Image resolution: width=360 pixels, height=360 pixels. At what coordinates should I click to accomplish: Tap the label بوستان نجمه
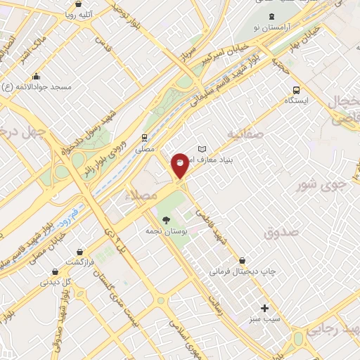click(163, 231)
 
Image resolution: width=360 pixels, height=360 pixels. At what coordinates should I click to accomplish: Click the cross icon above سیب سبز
click(264, 308)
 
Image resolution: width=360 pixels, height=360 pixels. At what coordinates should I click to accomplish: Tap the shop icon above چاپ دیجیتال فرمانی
click(243, 259)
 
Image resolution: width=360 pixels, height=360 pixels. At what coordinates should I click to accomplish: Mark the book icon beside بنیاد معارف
click(202, 150)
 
